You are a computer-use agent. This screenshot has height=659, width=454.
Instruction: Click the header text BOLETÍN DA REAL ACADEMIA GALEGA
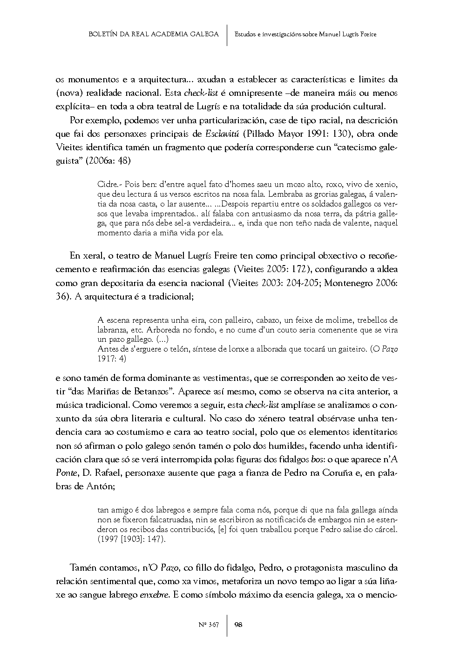pyautogui.click(x=153, y=34)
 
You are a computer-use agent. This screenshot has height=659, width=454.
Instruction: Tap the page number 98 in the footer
pyautogui.click(x=238, y=625)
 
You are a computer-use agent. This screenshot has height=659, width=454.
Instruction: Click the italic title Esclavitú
pyautogui.click(x=222, y=134)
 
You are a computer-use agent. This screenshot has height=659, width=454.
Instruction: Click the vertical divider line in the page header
pyautogui.click(x=227, y=34)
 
